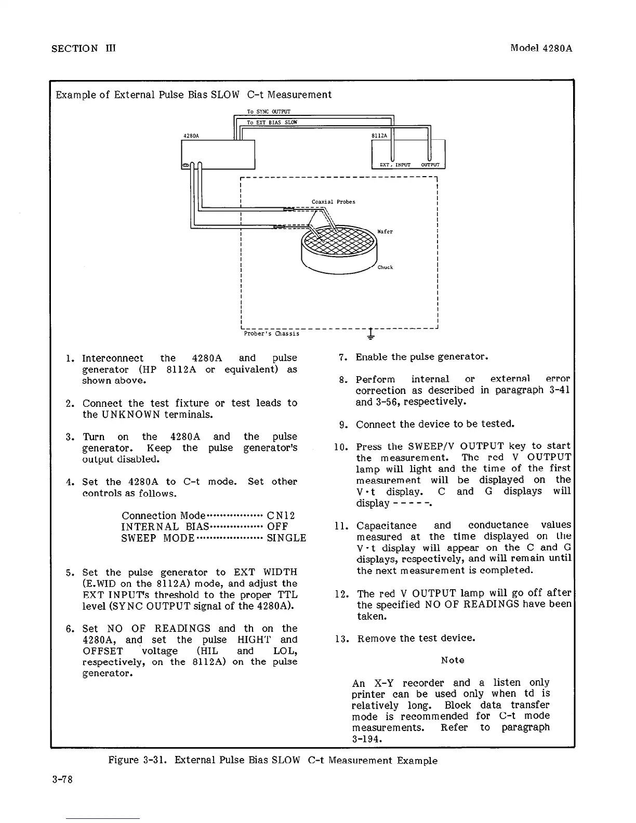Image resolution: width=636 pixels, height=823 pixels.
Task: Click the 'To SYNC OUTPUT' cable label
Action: click(268, 112)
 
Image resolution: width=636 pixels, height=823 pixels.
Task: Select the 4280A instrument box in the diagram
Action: click(218, 153)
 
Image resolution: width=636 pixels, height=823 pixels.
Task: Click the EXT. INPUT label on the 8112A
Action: click(395, 165)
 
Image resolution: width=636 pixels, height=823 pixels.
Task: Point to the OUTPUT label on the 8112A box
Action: click(430, 165)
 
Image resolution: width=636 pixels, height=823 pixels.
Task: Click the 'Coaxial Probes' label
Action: click(333, 202)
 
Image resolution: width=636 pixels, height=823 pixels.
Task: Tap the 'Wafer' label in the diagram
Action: click(385, 232)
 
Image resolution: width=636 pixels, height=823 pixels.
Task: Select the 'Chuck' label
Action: click(385, 268)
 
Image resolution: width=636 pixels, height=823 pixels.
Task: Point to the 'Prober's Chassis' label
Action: click(271, 334)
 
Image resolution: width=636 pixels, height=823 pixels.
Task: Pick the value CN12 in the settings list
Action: click(281, 516)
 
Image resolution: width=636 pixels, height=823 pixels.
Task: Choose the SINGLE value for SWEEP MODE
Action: click(286, 538)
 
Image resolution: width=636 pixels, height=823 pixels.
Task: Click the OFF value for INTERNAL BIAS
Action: click(277, 527)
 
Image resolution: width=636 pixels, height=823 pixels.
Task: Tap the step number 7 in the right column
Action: click(342, 357)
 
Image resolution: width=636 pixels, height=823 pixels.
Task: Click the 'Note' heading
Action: click(452, 660)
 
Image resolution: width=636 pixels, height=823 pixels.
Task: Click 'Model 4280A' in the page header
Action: click(541, 48)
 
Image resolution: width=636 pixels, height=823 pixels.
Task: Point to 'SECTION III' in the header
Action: click(84, 48)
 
